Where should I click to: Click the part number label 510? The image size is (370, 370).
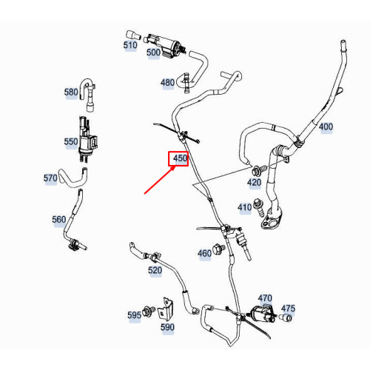tap(130, 45)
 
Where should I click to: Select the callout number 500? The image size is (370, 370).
tap(153, 53)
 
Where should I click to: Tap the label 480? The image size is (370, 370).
tap(167, 82)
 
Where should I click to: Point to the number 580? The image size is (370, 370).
tap(71, 92)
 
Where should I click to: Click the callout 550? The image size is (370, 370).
tap(71, 141)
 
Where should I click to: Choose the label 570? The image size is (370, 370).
tap(51, 178)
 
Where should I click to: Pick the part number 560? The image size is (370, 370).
tap(58, 219)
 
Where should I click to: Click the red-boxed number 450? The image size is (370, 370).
tap(179, 158)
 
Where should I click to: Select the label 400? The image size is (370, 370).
tap(326, 127)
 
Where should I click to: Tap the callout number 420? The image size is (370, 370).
tap(254, 182)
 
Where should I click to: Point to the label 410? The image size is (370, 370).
tap(245, 207)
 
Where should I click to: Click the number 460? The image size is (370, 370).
tap(204, 254)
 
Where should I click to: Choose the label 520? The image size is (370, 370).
tap(155, 271)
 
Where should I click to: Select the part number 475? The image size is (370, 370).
tap(288, 309)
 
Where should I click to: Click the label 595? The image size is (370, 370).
tap(134, 315)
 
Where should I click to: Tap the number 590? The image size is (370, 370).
tap(168, 326)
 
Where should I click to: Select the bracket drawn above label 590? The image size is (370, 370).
tap(168, 306)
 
